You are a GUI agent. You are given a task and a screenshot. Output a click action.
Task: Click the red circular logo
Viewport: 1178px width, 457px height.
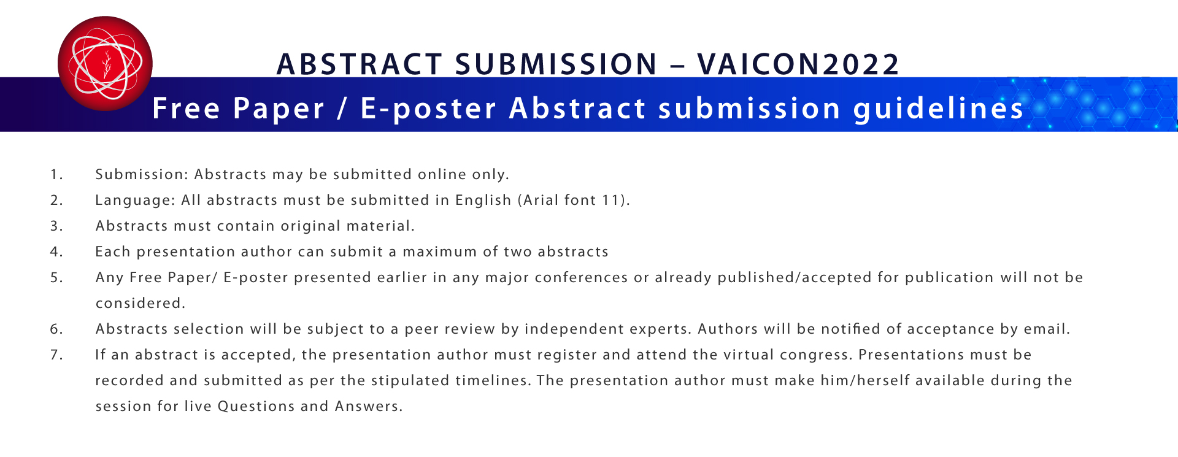click(x=105, y=64)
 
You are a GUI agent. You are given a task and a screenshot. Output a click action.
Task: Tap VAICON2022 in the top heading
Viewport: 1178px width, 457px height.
click(x=798, y=64)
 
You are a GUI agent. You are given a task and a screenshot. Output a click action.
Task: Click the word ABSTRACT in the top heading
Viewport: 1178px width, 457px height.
click(x=360, y=64)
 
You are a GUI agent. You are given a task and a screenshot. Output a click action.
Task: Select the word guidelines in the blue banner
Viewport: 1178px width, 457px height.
click(x=939, y=109)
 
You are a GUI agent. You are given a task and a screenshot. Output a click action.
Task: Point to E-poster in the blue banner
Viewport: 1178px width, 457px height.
click(x=428, y=109)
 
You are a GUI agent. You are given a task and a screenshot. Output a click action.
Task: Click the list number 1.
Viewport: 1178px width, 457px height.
click(x=56, y=175)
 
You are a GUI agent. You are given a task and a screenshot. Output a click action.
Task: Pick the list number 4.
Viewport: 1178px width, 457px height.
click(x=56, y=252)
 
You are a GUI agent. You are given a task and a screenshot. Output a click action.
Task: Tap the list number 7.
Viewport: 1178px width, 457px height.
click(x=56, y=355)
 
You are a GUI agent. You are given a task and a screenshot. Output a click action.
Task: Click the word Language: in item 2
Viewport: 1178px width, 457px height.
click(x=135, y=201)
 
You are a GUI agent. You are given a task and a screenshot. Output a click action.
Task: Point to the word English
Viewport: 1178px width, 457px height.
click(x=483, y=201)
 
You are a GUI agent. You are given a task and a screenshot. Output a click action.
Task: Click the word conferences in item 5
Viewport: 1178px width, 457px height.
click(x=582, y=278)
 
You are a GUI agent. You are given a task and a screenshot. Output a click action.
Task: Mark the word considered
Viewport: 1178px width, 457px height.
click(x=141, y=304)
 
